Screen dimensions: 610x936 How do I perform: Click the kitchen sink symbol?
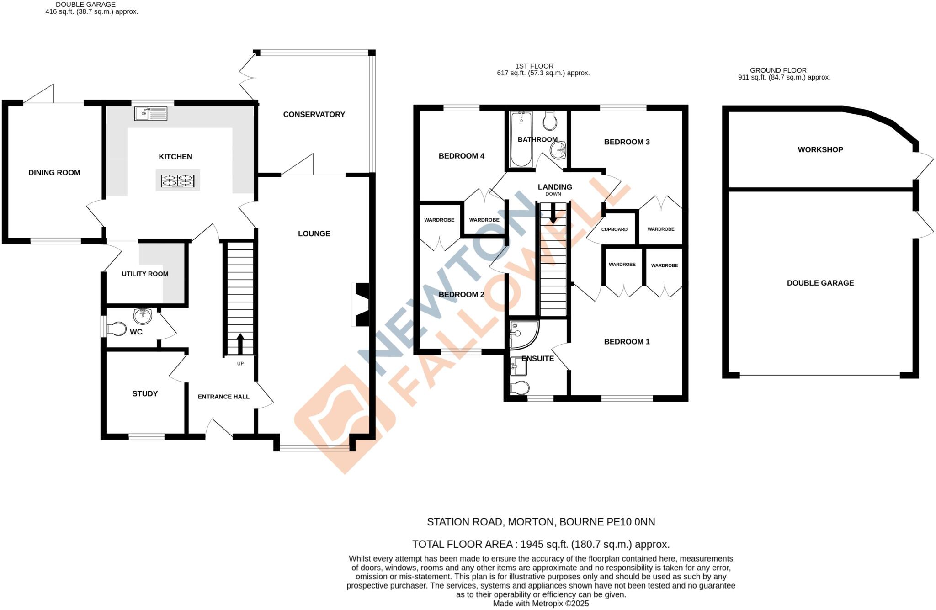[150, 113]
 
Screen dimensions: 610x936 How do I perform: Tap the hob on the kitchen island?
[177, 181]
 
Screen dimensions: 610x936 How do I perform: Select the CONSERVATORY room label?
[314, 115]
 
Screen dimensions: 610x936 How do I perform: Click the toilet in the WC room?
[117, 329]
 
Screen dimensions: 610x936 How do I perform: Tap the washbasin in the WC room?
[143, 315]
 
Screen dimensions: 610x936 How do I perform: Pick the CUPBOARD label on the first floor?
[614, 229]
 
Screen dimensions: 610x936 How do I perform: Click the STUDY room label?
[145, 394]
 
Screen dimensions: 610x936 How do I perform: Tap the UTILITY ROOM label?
[145, 274]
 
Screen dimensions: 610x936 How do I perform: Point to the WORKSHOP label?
[820, 150]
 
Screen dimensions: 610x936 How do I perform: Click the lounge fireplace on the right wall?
[362, 305]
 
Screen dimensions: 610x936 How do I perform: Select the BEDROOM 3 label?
[627, 142]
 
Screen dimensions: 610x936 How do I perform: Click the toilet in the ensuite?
[520, 388]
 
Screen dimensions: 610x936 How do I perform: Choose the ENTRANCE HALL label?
[223, 397]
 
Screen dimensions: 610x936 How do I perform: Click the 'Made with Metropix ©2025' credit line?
[541, 604]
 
